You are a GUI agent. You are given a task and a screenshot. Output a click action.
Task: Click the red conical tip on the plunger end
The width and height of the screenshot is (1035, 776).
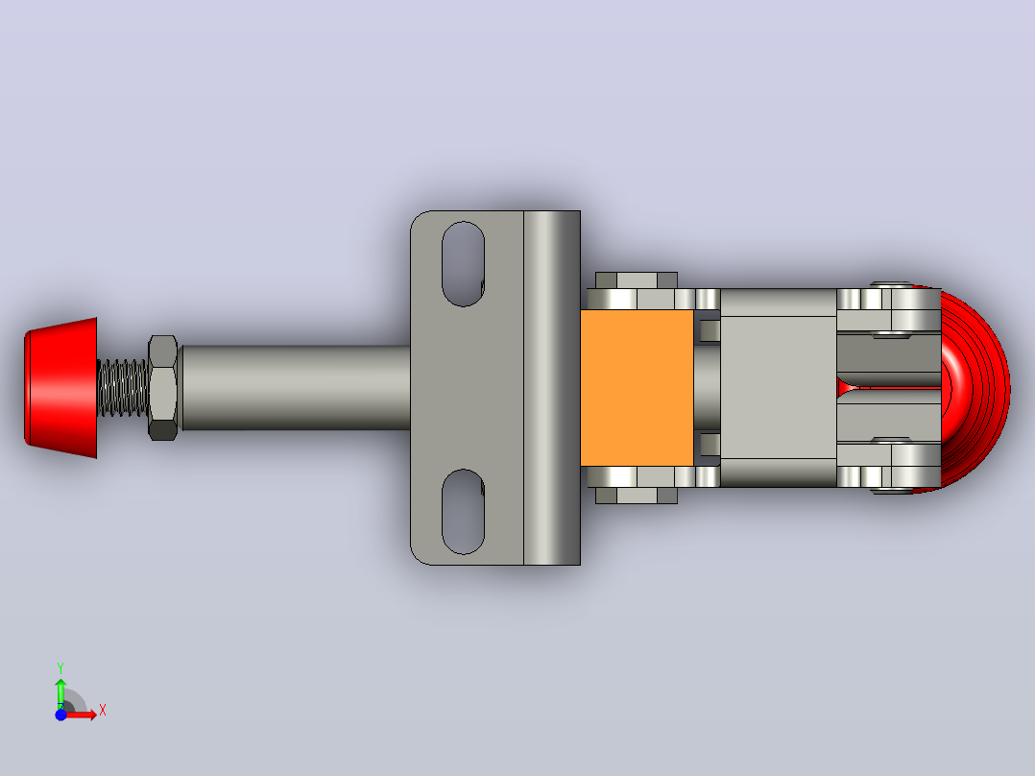pos(60,388)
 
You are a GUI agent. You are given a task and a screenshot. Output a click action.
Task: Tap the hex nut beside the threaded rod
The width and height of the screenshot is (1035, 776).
pos(162,388)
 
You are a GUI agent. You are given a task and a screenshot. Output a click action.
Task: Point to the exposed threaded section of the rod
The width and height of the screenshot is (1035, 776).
pos(123,388)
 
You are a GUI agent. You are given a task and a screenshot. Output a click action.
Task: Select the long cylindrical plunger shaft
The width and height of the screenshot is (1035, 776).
pos(295,388)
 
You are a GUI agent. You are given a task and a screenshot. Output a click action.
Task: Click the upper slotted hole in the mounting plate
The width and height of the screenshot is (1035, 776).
pos(463,263)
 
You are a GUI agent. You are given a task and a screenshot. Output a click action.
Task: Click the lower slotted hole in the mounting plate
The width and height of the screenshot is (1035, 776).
pos(463,512)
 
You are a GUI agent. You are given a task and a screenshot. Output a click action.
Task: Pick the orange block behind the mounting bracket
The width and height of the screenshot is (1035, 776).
pos(637,388)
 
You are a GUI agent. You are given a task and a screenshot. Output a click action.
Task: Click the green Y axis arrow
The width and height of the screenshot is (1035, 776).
pos(60,692)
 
